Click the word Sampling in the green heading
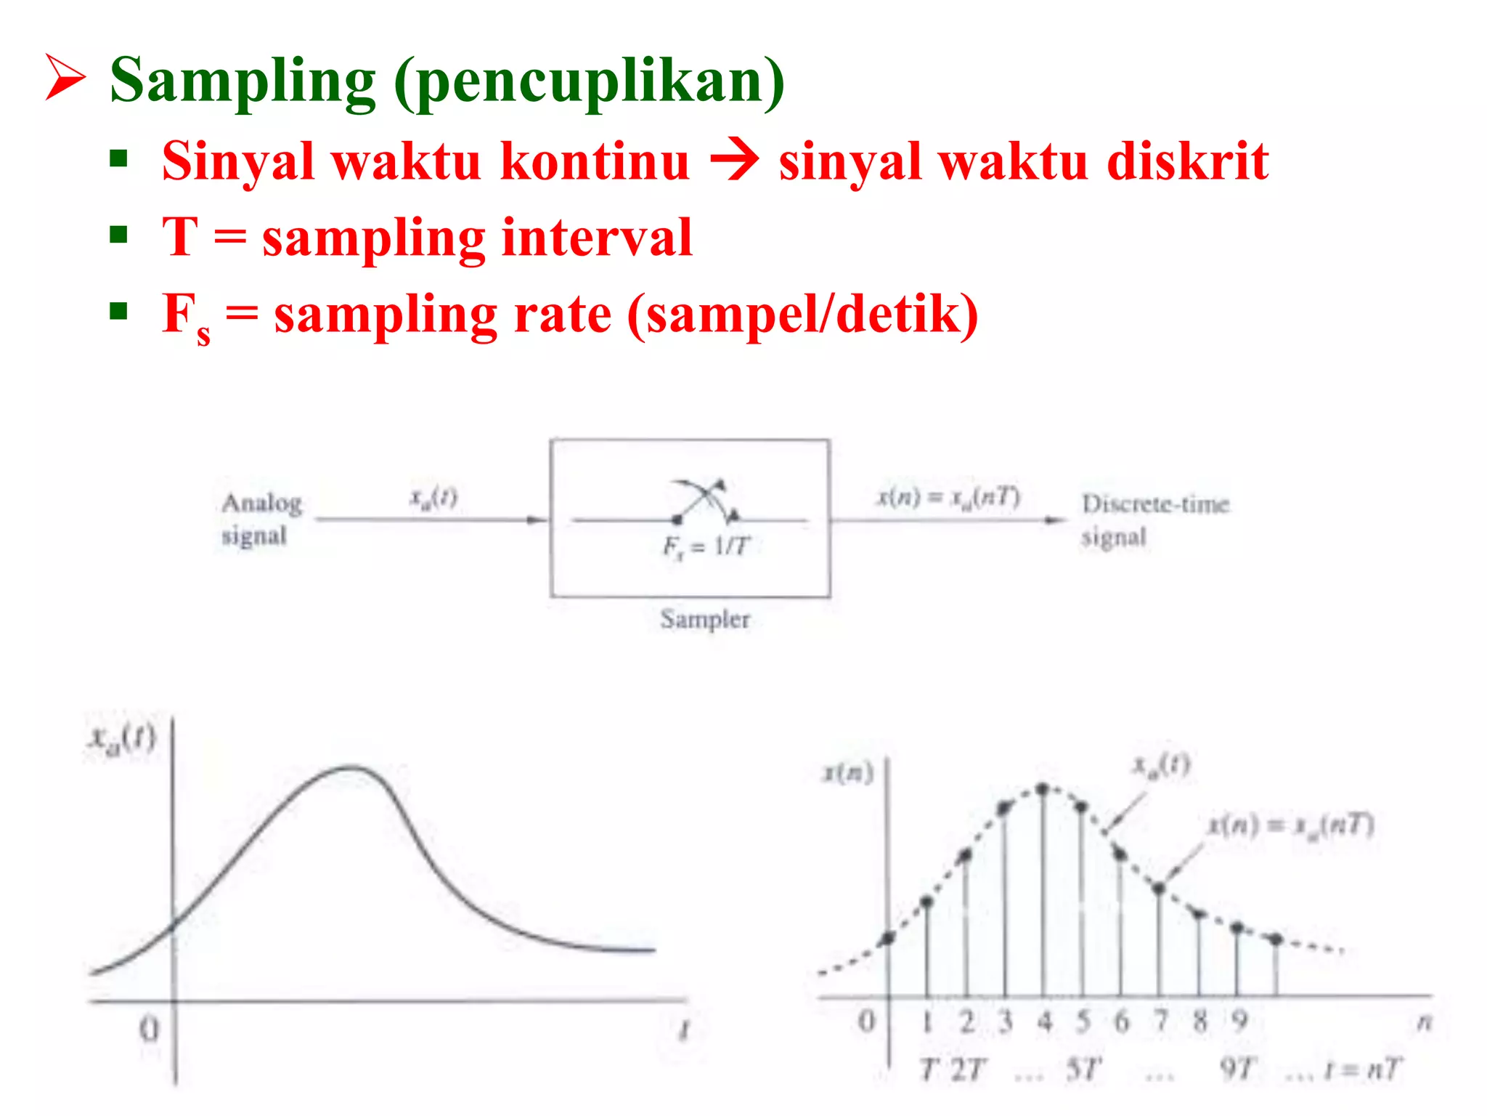click(243, 81)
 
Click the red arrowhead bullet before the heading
click(65, 77)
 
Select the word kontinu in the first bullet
click(595, 161)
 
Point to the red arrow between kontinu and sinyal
click(734, 159)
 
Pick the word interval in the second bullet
click(597, 238)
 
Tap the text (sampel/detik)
click(802, 315)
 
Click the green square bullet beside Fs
click(118, 312)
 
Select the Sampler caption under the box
click(704, 619)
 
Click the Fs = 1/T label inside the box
click(705, 546)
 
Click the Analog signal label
click(261, 519)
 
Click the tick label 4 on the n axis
click(1044, 1022)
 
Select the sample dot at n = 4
click(1043, 789)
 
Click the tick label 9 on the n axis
click(1239, 1022)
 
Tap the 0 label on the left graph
click(149, 1030)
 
